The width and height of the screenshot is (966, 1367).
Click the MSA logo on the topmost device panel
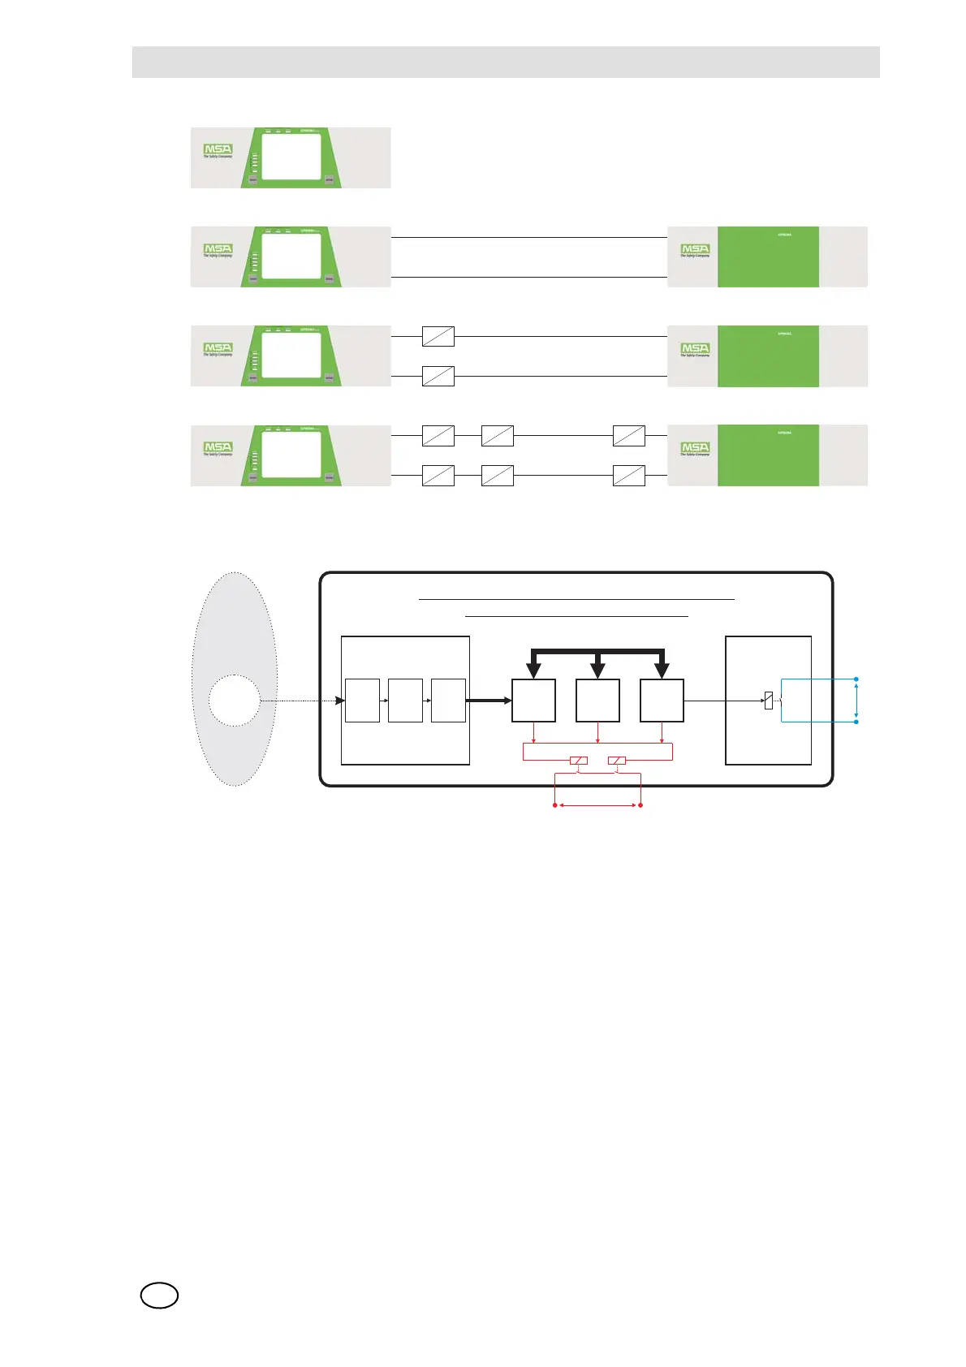(218, 150)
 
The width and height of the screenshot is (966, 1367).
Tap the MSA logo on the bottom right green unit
(695, 448)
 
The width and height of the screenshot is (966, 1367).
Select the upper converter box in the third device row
(438, 336)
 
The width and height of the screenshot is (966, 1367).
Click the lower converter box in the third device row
(438, 376)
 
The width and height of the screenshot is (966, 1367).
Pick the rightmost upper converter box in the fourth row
(629, 436)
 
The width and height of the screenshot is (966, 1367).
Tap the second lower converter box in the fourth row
(498, 476)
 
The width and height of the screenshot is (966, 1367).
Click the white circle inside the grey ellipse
(235, 701)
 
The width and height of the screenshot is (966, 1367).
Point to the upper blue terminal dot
(857, 679)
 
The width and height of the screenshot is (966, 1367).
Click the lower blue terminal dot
(857, 721)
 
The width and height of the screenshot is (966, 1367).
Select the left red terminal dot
(555, 805)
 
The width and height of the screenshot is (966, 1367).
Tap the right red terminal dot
(641, 805)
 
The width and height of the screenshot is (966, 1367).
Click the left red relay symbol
(579, 761)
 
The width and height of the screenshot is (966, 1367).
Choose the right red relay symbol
(617, 761)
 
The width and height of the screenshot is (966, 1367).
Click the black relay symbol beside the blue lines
(769, 701)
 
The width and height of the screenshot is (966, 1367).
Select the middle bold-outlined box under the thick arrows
(597, 701)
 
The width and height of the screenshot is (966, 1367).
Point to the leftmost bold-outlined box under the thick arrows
(533, 701)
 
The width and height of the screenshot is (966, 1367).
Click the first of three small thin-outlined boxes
(362, 701)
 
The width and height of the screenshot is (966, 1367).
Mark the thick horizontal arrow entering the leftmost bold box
(489, 701)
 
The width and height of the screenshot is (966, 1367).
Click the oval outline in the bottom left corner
(159, 1296)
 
